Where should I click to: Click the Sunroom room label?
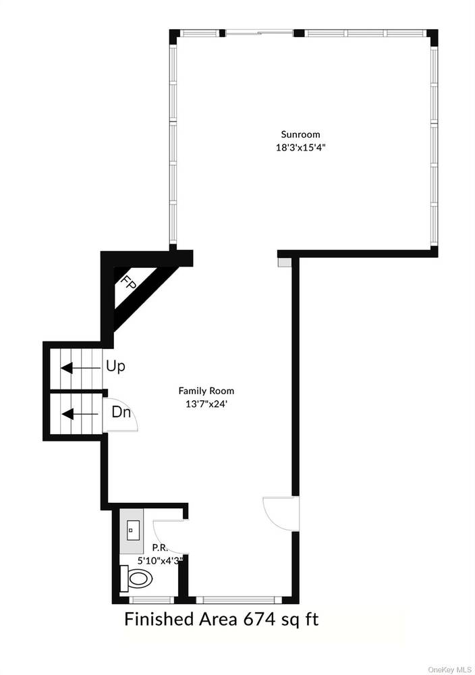[300, 134]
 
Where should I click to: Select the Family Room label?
[206, 391]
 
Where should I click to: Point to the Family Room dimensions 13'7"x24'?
[206, 404]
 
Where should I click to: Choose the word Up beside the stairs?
[115, 367]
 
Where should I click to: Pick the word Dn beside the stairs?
[121, 412]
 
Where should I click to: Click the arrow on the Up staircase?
[79, 369]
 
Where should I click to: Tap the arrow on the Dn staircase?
[80, 414]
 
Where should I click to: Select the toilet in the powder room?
[137, 578]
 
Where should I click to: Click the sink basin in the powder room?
[131, 530]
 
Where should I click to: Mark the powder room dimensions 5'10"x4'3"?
[160, 560]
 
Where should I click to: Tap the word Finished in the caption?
[159, 620]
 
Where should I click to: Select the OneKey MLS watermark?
[449, 670]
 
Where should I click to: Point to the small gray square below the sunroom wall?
[284, 262]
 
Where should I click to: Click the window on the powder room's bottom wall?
[151, 600]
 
